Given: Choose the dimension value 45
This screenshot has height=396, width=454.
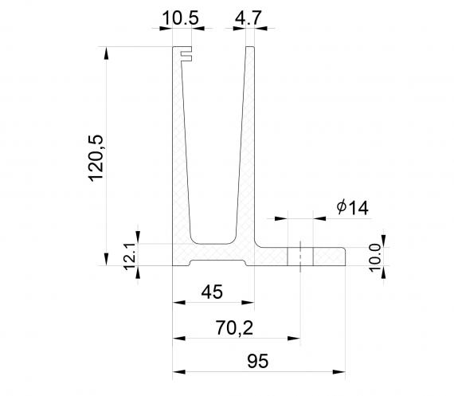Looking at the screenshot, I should point(212,291).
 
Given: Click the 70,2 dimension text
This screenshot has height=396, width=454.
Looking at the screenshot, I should point(237,327).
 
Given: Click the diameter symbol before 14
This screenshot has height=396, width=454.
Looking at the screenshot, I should point(341,208).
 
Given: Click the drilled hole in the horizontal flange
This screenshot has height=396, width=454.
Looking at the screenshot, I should point(300,256).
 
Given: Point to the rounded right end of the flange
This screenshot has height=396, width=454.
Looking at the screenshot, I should point(344,256).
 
